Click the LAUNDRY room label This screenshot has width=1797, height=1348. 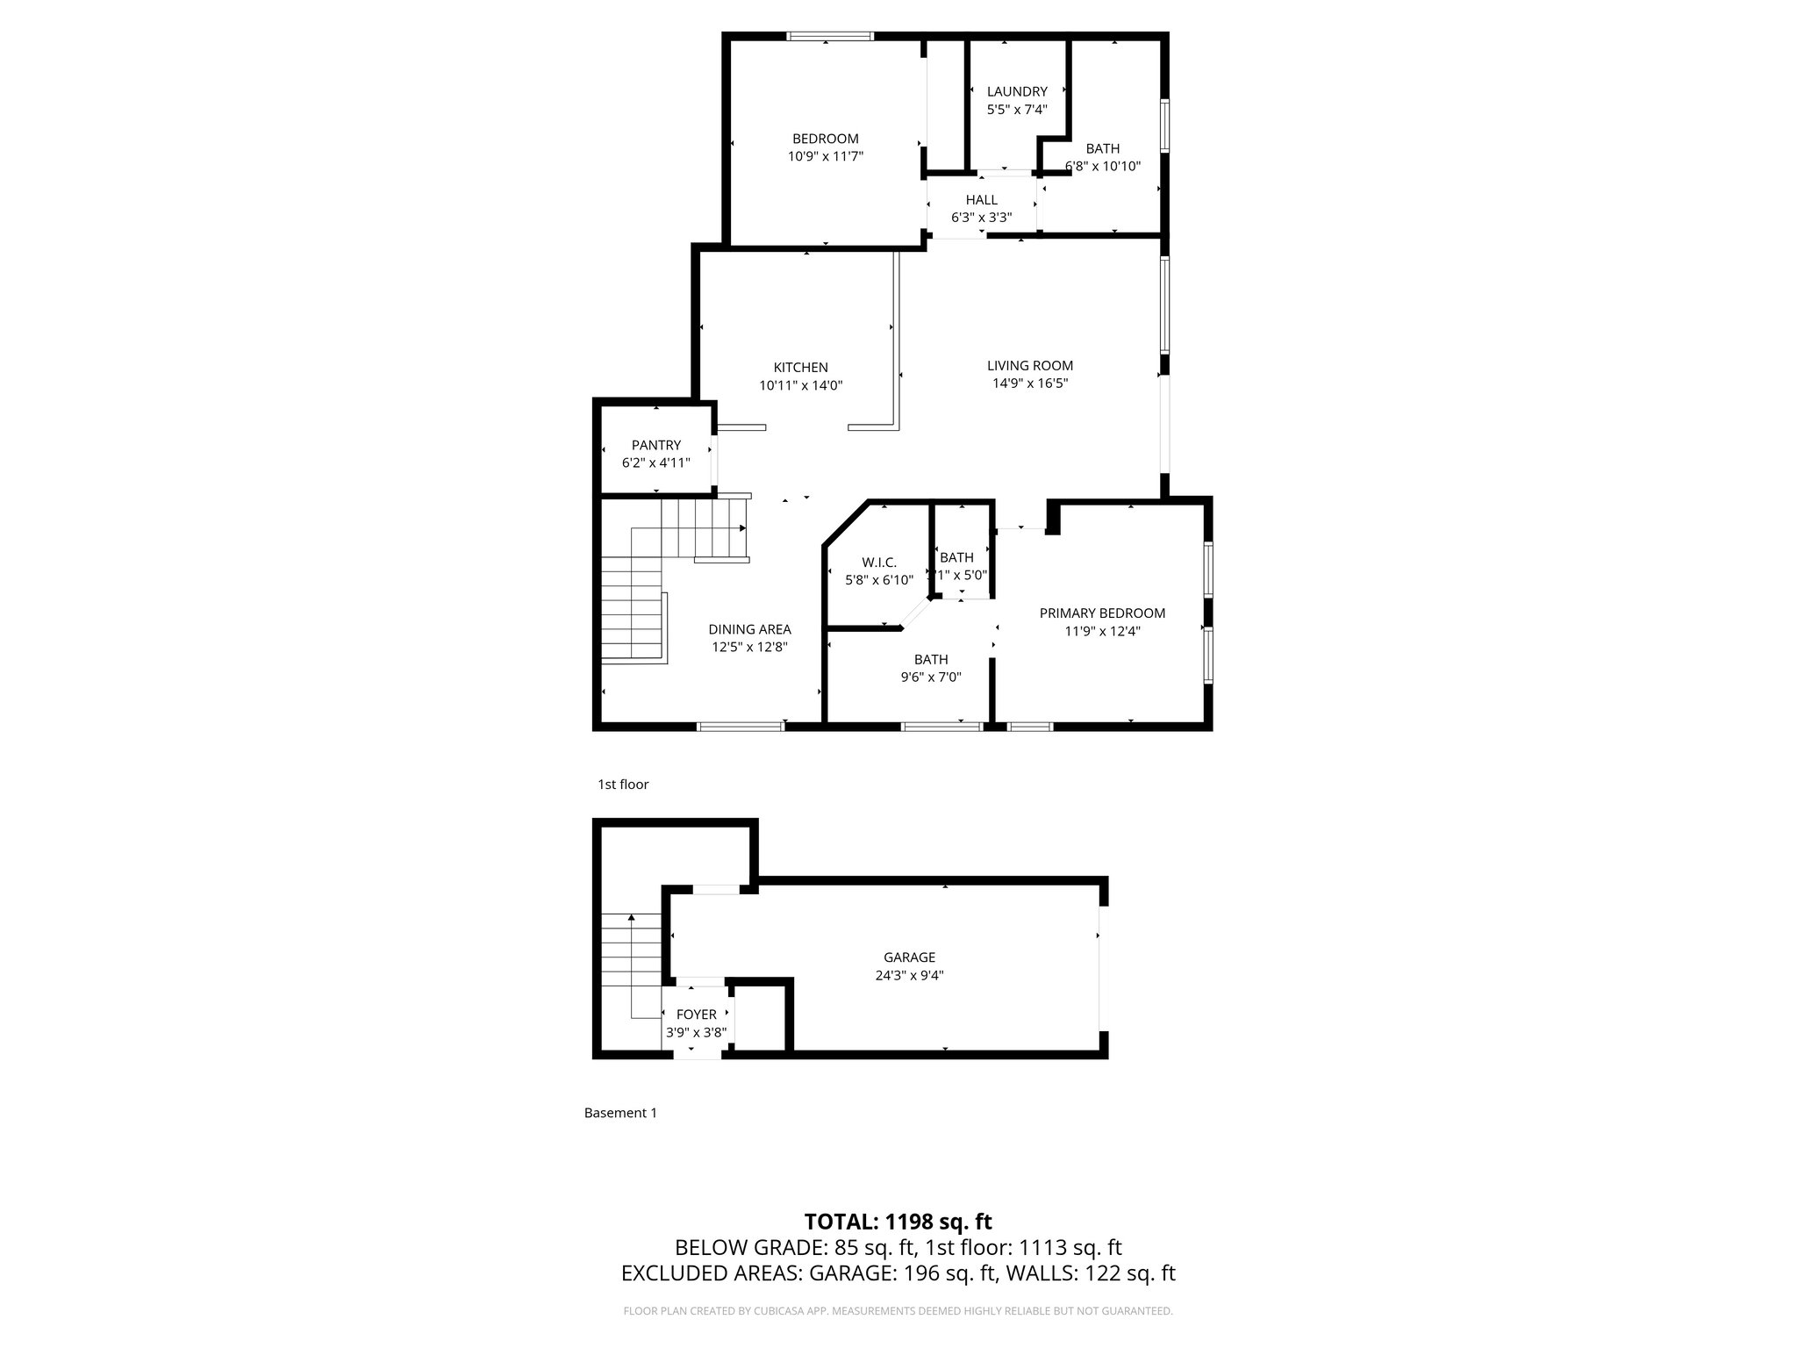coord(1017,91)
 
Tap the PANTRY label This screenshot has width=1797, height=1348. coord(655,445)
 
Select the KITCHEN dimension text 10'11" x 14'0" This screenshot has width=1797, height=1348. coord(800,385)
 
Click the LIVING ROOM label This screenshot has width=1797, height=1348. coord(1029,365)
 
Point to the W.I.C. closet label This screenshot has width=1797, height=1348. coord(878,563)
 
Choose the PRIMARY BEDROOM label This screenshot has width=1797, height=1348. coord(1102,613)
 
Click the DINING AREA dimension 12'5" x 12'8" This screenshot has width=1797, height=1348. coord(749,648)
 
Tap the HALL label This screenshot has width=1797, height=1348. coord(981,200)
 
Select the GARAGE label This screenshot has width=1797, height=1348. coord(909,957)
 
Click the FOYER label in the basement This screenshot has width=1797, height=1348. coord(696,1015)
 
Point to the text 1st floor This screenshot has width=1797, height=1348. coord(622,785)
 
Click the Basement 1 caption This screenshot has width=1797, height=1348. coord(620,1113)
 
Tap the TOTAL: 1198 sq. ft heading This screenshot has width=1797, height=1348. coord(898,1222)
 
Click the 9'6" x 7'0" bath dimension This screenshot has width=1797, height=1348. coord(930,678)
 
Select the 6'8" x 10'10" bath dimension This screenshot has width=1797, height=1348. coord(1103,166)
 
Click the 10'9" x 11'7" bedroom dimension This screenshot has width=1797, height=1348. coord(825,157)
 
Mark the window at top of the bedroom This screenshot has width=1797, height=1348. coord(829,37)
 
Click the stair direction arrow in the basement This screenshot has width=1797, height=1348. coord(631,919)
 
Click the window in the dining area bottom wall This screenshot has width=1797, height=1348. coord(741,727)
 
